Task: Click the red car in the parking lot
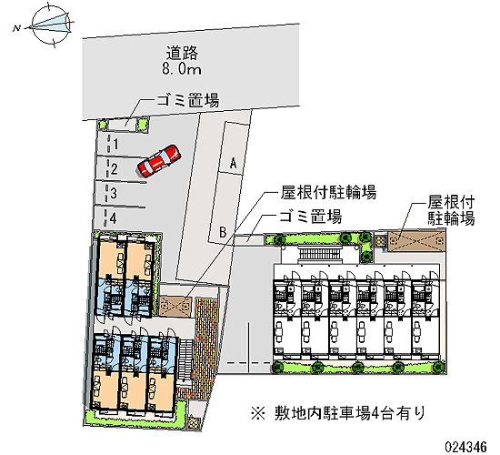coord(159,160)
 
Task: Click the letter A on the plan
coord(234,164)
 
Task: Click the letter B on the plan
coord(223,232)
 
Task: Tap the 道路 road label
coord(182,53)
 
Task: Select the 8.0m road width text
coord(182,69)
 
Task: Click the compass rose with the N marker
coord(51,24)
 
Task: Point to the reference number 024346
coord(465,446)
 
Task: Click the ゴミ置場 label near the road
coord(187,100)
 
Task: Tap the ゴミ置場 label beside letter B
coord(310,217)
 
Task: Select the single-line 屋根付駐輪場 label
coord(328,192)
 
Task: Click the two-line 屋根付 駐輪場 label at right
coord(451,210)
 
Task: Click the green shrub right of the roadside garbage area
coord(142,124)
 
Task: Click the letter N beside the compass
coord(16,28)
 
